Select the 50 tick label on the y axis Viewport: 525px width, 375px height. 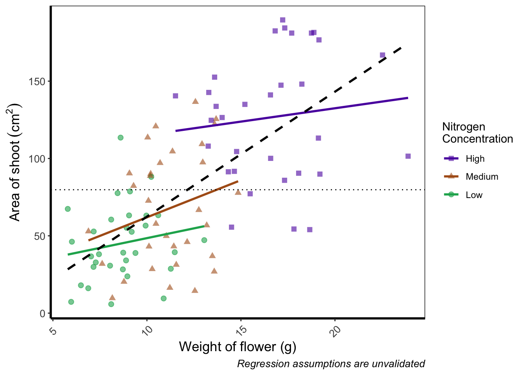pos(41,236)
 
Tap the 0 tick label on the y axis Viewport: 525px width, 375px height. pos(43,313)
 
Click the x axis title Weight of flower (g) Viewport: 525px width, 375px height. pos(237,347)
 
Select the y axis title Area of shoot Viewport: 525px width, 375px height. pos(15,162)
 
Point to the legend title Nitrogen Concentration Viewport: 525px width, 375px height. pos(477,133)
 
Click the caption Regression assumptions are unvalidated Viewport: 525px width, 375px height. pos(331,364)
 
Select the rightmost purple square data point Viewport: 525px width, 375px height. pos(408,156)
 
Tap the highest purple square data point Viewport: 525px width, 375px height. pos(283,20)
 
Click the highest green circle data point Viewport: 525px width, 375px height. pos(121,137)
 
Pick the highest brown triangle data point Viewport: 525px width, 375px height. pos(196,101)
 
